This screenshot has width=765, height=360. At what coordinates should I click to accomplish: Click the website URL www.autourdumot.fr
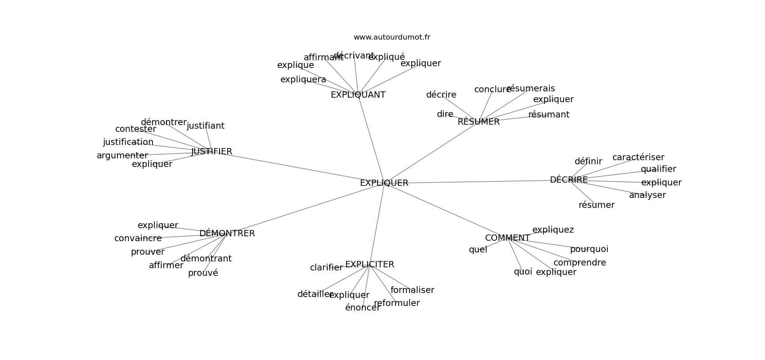(x=391, y=37)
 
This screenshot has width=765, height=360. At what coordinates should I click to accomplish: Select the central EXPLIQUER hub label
(x=384, y=183)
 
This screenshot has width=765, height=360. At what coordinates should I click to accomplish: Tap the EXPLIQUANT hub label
(x=358, y=95)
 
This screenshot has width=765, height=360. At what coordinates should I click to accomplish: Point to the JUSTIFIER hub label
(x=211, y=152)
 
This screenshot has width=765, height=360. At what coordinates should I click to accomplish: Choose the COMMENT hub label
(x=507, y=238)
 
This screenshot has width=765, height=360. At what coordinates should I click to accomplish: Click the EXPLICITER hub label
(x=369, y=265)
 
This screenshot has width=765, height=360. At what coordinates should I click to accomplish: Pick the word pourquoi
(x=589, y=249)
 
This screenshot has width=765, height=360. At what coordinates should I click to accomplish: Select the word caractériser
(x=638, y=157)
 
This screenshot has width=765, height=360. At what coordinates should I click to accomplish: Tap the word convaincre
(x=138, y=238)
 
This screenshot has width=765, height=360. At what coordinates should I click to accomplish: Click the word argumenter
(x=122, y=156)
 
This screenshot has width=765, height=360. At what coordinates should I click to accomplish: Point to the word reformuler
(x=397, y=303)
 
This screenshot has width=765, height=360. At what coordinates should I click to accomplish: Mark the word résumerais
(x=531, y=89)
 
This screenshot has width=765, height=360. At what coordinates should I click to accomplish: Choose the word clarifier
(x=326, y=268)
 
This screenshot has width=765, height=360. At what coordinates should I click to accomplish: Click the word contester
(x=135, y=129)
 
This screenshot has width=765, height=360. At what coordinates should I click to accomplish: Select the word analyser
(x=647, y=195)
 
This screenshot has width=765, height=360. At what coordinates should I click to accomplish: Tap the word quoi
(x=523, y=272)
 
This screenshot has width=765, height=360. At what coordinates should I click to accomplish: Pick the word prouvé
(x=203, y=273)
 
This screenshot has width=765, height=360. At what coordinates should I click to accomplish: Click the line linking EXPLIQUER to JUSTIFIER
(x=297, y=167)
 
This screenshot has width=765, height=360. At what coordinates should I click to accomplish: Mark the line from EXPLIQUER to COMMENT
(x=445, y=211)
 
